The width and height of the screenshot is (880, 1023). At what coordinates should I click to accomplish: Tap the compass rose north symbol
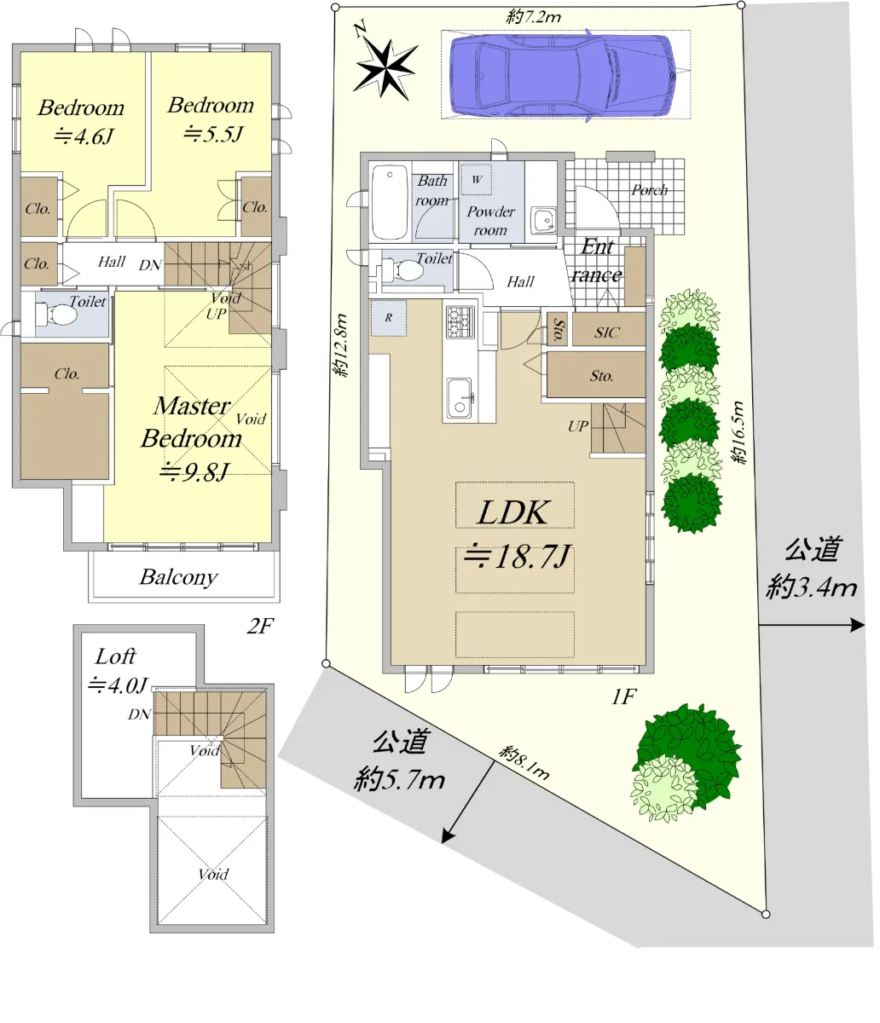pos(386,66)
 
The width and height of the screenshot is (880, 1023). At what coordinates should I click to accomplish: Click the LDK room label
pos(513,512)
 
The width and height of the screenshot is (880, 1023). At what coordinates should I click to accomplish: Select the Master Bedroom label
pos(192,422)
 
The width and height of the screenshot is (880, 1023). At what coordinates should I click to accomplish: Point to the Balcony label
pos(178,577)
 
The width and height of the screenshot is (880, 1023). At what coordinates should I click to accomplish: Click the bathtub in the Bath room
pos(390,202)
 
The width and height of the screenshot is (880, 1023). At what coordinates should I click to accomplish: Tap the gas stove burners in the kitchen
pos(460,322)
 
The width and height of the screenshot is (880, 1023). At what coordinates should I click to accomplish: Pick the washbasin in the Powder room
pos(544,219)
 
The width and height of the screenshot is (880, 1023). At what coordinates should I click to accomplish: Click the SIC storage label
pos(607,332)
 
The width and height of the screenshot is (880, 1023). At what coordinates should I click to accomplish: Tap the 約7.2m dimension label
pos(534,17)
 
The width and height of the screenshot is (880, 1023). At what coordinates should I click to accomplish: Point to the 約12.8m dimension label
pos(341,344)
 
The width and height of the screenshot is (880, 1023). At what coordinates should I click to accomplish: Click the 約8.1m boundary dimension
pos(524,761)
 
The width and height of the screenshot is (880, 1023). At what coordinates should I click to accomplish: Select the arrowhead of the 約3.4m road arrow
pos(858,625)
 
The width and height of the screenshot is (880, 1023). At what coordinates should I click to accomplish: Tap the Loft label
pos(115,656)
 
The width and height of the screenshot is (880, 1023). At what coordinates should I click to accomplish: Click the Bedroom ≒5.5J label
pos(211,119)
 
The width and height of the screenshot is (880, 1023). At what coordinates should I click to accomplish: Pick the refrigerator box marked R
pos(389,318)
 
